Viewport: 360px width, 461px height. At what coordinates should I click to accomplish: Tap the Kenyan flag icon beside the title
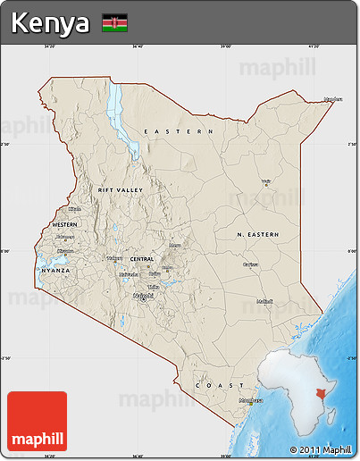(x=114, y=22)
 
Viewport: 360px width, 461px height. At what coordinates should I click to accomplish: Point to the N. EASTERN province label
(x=258, y=234)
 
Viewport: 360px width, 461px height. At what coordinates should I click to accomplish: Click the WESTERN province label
(x=64, y=223)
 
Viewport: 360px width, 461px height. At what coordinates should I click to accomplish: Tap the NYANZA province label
(x=54, y=269)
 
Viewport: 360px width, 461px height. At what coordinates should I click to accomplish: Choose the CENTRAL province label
(x=142, y=259)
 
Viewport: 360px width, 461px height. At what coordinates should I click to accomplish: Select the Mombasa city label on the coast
(x=251, y=399)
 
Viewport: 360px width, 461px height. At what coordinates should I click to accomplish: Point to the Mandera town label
(x=332, y=98)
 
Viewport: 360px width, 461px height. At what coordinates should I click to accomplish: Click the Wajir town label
(x=265, y=181)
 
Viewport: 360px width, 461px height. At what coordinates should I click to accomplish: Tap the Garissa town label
(x=250, y=264)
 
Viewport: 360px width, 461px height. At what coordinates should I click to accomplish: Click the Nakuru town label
(x=113, y=258)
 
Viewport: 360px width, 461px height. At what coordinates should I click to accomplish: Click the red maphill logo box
(x=37, y=421)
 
